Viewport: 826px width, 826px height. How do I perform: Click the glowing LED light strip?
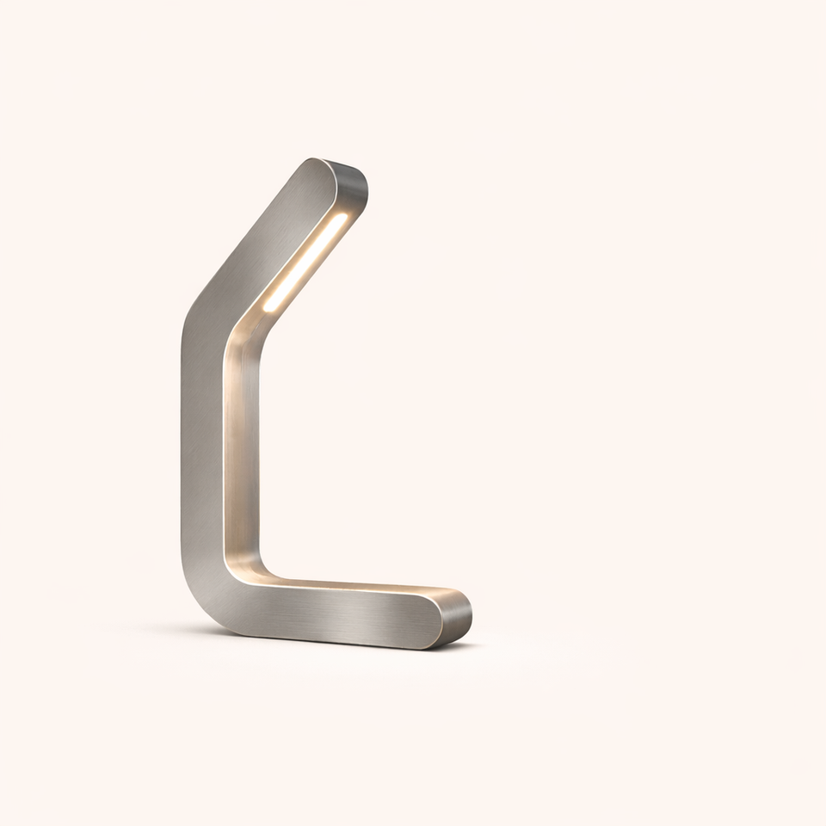tap(305, 262)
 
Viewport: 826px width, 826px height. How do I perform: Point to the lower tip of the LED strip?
tap(268, 308)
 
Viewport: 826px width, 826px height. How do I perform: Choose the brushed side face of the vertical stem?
tap(202, 447)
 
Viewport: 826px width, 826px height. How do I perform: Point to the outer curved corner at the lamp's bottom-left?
tap(202, 602)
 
